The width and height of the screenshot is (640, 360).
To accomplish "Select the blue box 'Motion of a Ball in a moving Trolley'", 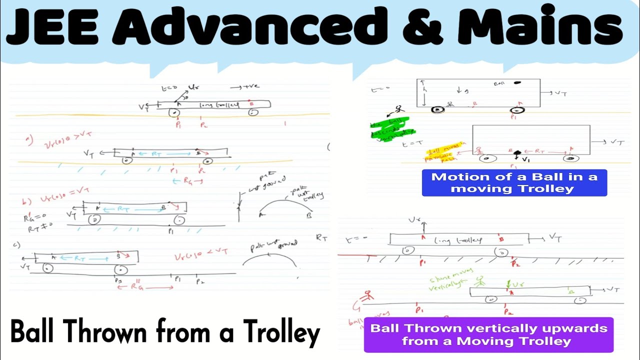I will coord(514,182).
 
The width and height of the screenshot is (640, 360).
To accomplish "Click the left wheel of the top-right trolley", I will coord(438,109).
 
